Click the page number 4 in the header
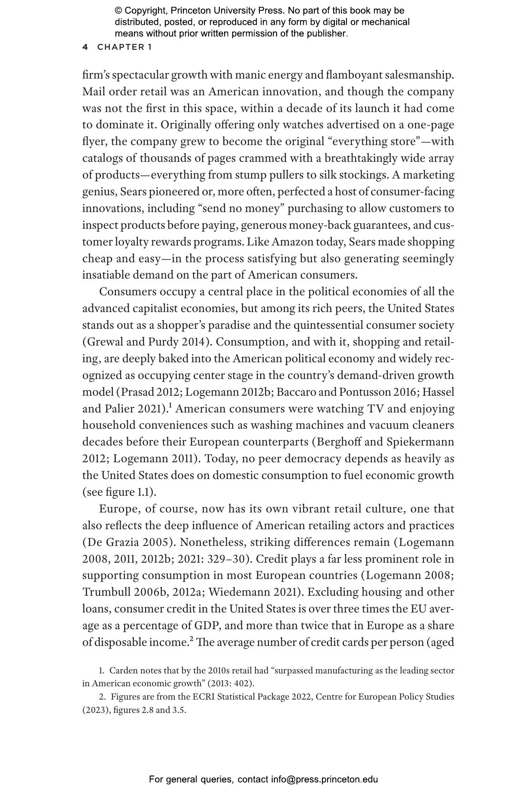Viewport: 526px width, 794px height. [85, 47]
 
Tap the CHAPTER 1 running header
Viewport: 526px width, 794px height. [125, 47]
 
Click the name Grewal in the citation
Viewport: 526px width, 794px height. [103, 342]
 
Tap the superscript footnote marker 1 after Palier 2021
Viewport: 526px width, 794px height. [170, 406]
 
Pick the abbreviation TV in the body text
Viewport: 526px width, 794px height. [375, 409]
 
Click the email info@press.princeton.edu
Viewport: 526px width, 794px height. [324, 779]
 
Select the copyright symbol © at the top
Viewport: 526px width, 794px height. [119, 11]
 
